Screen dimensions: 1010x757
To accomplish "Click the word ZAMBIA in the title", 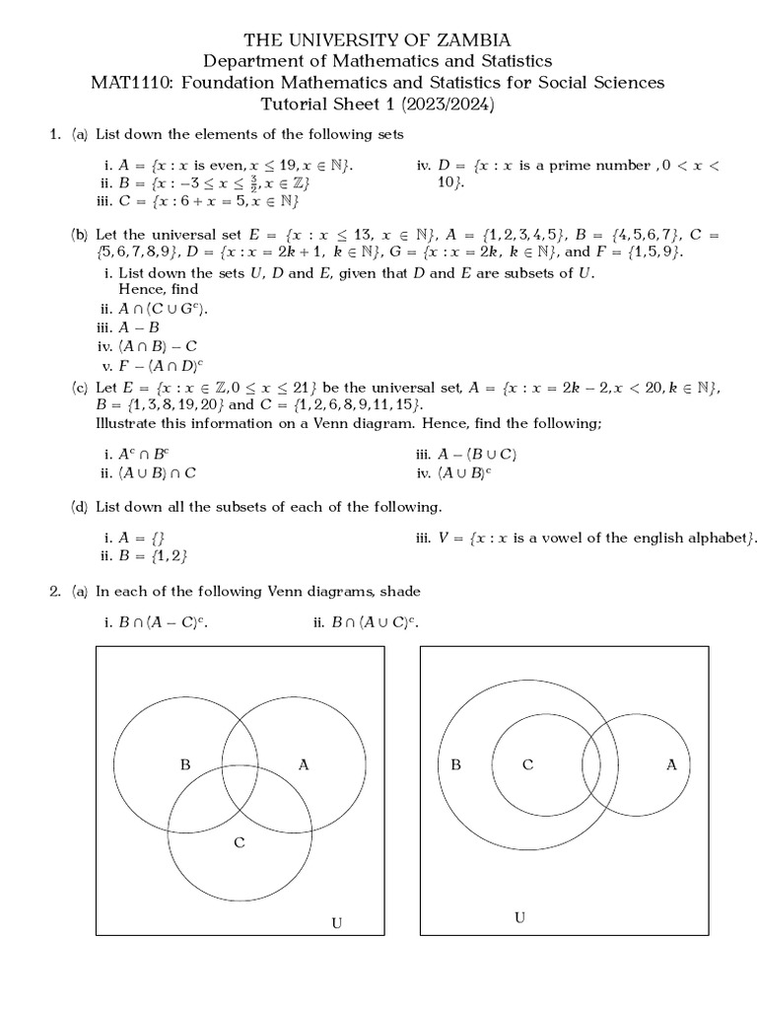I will pyautogui.click(x=468, y=40).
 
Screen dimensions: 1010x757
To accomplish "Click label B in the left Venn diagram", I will pyautogui.click(x=184, y=764).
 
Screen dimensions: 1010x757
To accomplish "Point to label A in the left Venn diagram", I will pyautogui.click(x=303, y=764).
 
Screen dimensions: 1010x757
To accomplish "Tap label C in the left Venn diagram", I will pyautogui.click(x=239, y=841).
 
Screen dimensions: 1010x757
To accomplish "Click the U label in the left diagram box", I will pyautogui.click(x=336, y=923).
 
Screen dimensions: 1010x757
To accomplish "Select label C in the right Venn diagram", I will pyautogui.click(x=527, y=764).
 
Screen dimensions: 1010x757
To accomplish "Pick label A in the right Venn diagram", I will pyautogui.click(x=671, y=764).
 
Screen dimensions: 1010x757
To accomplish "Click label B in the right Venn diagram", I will pyautogui.click(x=455, y=764).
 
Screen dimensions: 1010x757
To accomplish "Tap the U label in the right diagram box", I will pyautogui.click(x=519, y=918).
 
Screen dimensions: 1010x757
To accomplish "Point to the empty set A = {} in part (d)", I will pyautogui.click(x=147, y=538).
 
